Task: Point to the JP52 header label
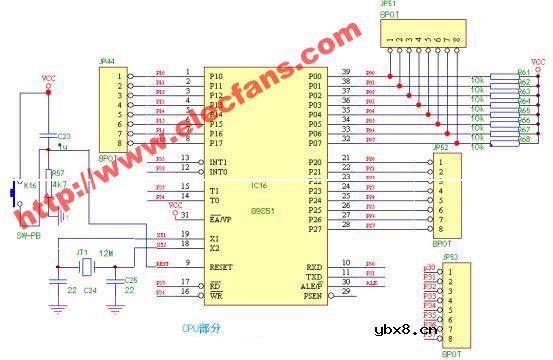(441, 147)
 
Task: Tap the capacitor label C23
(63, 136)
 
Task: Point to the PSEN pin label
(312, 297)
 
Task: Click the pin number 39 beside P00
(346, 73)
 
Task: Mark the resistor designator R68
(523, 139)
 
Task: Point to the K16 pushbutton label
(30, 186)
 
